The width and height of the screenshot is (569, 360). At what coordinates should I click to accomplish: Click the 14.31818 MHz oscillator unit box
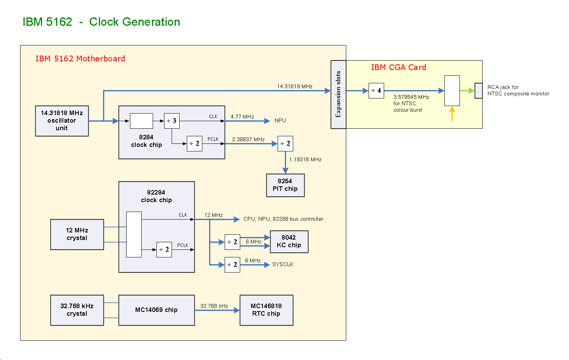click(62, 121)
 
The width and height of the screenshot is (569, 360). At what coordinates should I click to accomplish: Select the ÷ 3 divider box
click(172, 121)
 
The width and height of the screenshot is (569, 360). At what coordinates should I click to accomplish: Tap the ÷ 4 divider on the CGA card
click(376, 90)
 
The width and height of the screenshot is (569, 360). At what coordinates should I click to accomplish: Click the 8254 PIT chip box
click(285, 185)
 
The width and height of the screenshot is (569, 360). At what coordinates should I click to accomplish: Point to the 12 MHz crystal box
click(77, 234)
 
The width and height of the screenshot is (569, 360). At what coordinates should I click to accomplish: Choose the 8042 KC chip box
click(289, 242)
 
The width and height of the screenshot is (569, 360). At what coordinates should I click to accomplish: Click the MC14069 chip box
click(156, 310)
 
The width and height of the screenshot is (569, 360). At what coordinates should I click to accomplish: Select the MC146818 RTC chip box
click(266, 310)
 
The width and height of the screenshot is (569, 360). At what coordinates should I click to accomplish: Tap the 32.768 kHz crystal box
click(77, 310)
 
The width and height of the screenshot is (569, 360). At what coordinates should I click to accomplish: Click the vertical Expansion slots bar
click(338, 94)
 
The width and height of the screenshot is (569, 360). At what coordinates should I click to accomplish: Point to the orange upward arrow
click(452, 114)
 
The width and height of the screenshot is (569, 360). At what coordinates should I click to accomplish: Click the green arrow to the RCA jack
click(467, 90)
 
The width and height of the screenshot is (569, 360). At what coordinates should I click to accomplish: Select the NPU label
click(280, 120)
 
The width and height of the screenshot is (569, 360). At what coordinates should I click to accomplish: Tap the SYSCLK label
click(283, 264)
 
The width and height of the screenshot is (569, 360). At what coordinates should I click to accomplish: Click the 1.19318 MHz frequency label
click(305, 159)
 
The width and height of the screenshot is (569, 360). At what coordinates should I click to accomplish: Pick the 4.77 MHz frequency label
click(242, 117)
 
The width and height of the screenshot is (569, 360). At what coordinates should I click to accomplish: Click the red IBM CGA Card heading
click(399, 67)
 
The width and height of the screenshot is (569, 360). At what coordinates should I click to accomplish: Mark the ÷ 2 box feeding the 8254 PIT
click(285, 143)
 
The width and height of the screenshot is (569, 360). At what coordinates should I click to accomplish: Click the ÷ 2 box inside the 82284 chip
click(164, 249)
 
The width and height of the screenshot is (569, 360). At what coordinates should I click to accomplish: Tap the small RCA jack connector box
click(478, 90)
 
